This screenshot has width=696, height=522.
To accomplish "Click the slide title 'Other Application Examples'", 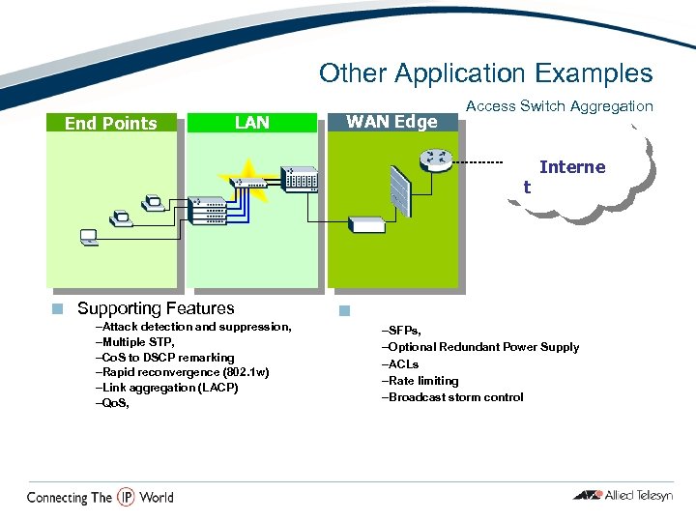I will click(x=485, y=73).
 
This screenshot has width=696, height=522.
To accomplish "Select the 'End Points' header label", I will click(x=110, y=123).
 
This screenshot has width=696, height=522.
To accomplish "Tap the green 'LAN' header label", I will click(x=252, y=122).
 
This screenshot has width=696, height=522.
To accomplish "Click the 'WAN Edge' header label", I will click(x=391, y=122).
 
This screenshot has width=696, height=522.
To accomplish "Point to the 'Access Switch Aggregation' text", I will click(x=559, y=106).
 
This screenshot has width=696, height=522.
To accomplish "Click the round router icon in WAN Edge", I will click(x=437, y=160).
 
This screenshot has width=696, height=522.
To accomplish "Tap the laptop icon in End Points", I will click(x=89, y=236).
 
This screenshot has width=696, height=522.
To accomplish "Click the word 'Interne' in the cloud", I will click(x=571, y=167).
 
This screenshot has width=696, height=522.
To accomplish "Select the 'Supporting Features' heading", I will click(x=156, y=308).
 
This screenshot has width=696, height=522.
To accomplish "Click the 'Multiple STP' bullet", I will click(x=135, y=342).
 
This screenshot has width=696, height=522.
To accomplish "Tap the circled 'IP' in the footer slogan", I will click(x=126, y=497).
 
